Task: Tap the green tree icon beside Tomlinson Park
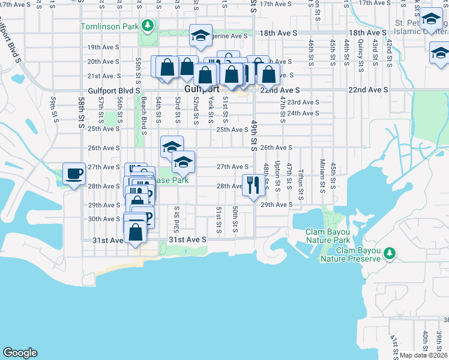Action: point(147,26)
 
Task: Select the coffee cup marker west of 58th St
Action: point(74,174)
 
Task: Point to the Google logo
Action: point(20,353)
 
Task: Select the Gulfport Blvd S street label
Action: point(113,90)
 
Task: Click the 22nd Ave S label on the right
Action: point(369,89)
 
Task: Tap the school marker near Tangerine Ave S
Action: point(201,35)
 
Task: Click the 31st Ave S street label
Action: point(187,239)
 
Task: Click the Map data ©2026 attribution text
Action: point(423,355)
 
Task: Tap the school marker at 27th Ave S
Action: point(183,161)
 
